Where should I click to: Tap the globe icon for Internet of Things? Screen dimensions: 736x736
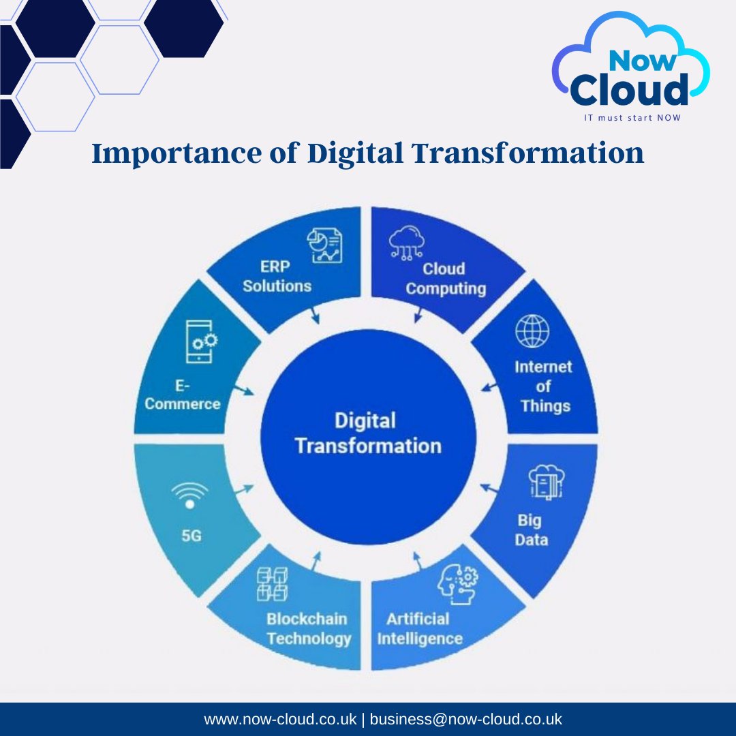point(532,332)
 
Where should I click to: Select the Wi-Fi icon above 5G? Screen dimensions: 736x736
point(189,494)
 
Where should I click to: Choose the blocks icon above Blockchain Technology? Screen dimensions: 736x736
point(272,585)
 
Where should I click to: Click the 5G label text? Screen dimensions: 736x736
point(191,536)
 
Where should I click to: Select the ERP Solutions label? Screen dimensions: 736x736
point(277,276)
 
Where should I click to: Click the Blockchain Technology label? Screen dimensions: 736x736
point(308,628)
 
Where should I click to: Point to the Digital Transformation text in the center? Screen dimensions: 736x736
point(368,433)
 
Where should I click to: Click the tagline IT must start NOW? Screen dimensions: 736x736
point(633,117)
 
